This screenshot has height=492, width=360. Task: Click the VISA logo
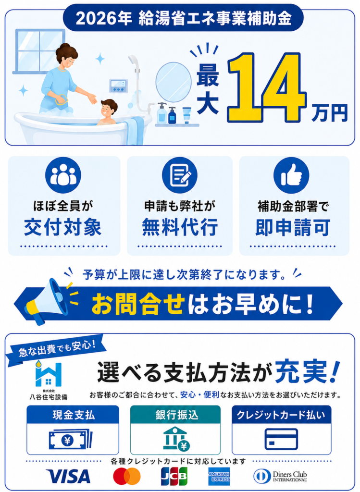[x=68, y=476]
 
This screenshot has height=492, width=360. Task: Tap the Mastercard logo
[x=127, y=476]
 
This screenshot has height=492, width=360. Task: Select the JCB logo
[x=174, y=476]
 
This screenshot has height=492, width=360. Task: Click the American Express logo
[x=219, y=476]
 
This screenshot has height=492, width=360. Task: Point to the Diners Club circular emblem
[x=262, y=476]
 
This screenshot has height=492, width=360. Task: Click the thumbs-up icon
[x=291, y=175]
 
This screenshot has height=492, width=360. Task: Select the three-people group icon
[x=63, y=175]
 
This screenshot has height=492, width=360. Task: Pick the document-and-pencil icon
[x=180, y=175]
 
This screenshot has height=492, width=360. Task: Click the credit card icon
[x=281, y=439]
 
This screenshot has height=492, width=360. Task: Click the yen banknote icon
[x=71, y=439]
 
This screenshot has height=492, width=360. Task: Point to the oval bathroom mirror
[x=174, y=82]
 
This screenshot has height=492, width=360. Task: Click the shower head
[x=134, y=63]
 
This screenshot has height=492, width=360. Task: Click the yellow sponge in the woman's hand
[x=62, y=100]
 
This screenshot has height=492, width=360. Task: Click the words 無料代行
[x=180, y=227]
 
